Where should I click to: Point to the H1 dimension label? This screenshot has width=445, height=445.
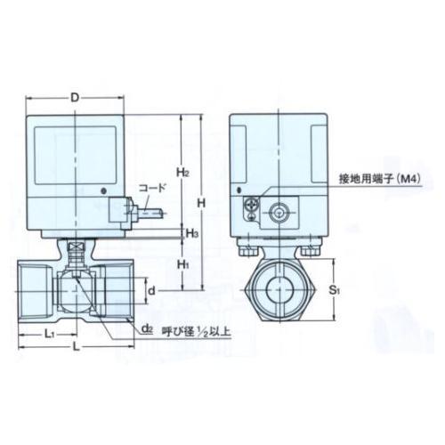(182, 264)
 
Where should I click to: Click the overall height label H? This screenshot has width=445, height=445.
(202, 203)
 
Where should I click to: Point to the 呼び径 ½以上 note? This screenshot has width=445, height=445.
(193, 331)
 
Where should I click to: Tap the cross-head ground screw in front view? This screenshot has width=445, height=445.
(253, 209)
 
